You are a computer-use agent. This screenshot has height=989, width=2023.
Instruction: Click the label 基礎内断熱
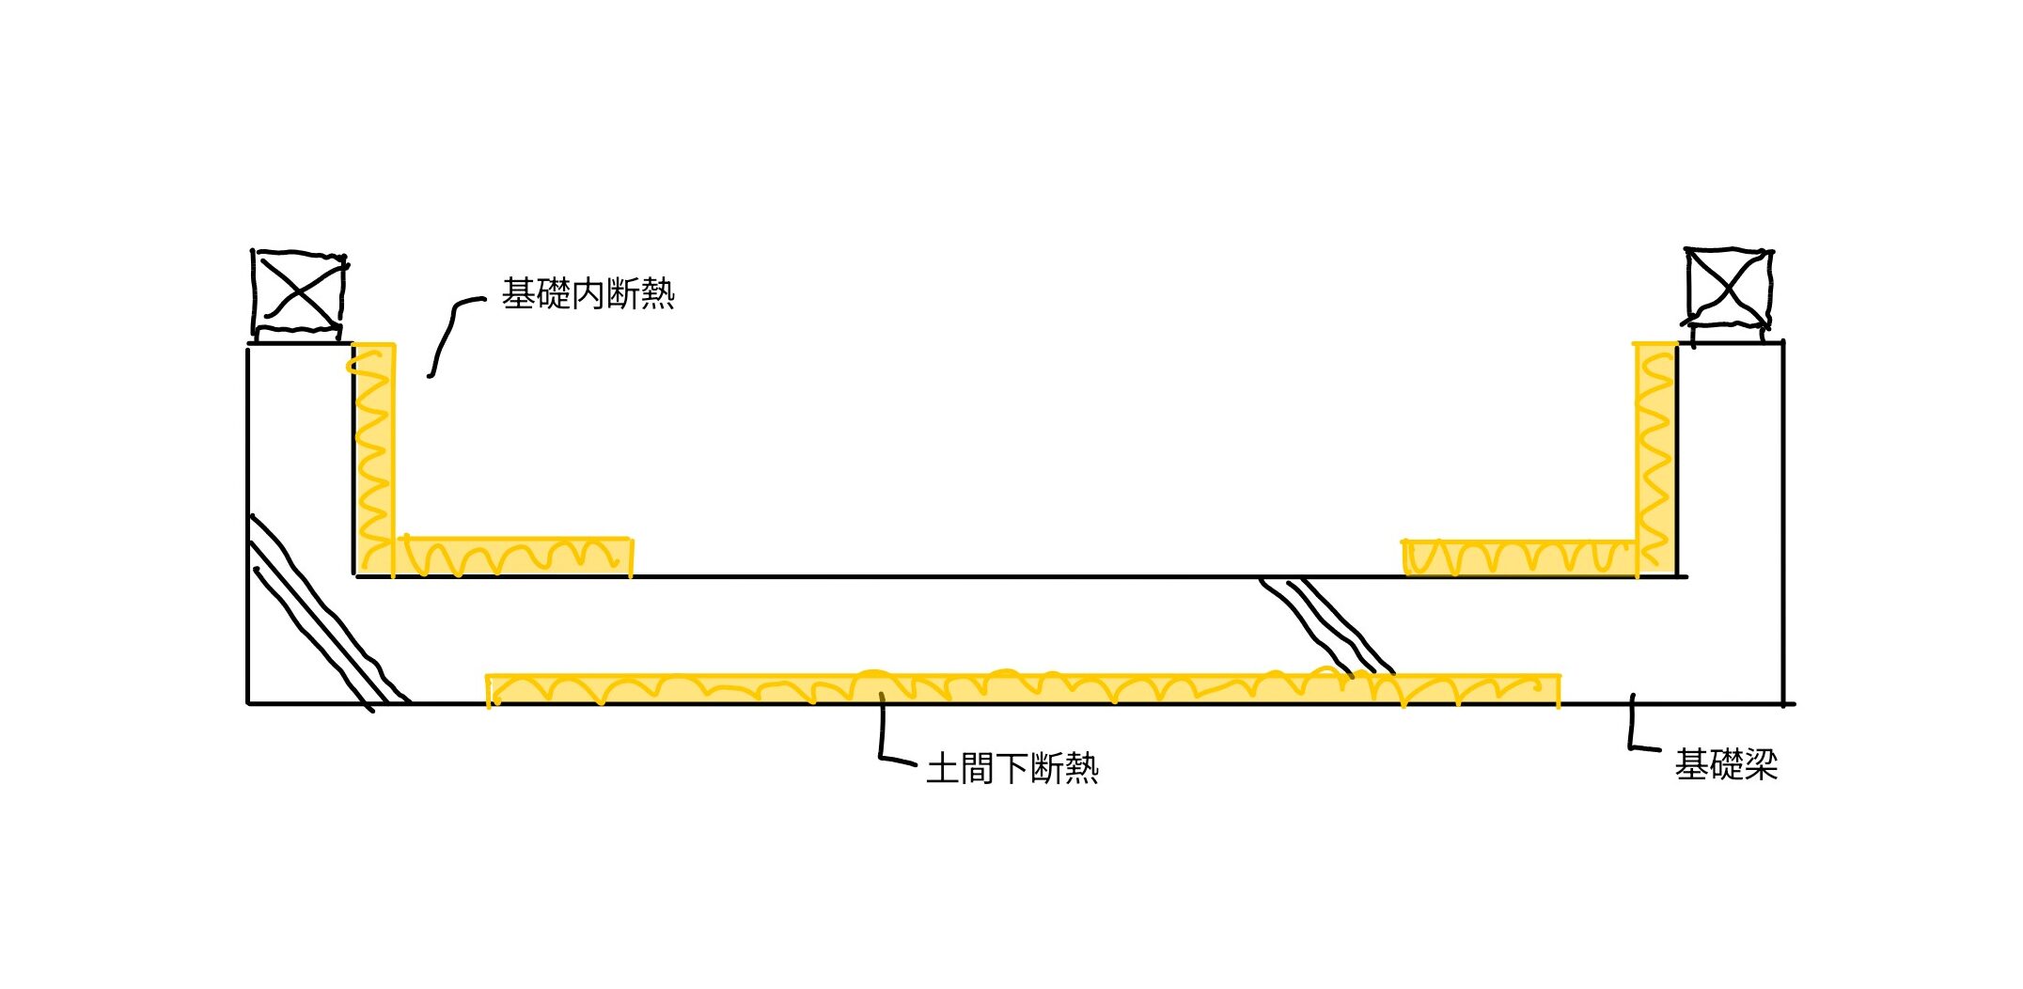[x=588, y=294]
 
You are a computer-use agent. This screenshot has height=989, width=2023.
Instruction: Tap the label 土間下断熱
[x=1012, y=769]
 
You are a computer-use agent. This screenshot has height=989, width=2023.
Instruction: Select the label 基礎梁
[x=1726, y=764]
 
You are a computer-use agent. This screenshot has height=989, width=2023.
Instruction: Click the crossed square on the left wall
[x=299, y=290]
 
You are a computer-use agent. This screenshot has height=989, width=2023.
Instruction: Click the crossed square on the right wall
[x=1728, y=288]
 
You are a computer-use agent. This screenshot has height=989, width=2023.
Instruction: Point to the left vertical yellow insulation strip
[x=374, y=451]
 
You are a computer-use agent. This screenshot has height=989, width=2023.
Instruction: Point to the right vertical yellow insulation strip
[x=1655, y=451]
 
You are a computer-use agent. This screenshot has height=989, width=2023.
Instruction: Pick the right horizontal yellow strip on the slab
[x=1518, y=557]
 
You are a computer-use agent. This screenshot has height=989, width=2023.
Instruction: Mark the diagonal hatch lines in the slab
[x=1325, y=625]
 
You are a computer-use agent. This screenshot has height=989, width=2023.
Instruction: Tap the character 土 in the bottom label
[x=943, y=769]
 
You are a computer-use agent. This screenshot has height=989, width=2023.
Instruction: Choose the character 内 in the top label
[x=588, y=294]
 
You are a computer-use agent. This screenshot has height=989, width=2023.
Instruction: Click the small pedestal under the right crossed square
[x=1728, y=334]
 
